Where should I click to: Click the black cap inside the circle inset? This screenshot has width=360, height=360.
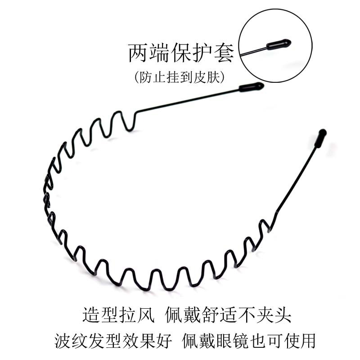tap(279, 45)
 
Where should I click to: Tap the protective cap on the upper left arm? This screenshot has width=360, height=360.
tap(251, 86)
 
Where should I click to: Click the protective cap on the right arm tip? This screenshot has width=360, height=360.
tap(320, 138)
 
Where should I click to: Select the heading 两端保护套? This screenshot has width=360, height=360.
tap(181, 53)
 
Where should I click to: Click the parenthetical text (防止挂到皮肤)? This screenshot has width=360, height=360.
tap(179, 77)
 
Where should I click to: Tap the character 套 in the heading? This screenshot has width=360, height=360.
tap(224, 53)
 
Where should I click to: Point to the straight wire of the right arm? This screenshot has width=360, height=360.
tap(297, 180)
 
